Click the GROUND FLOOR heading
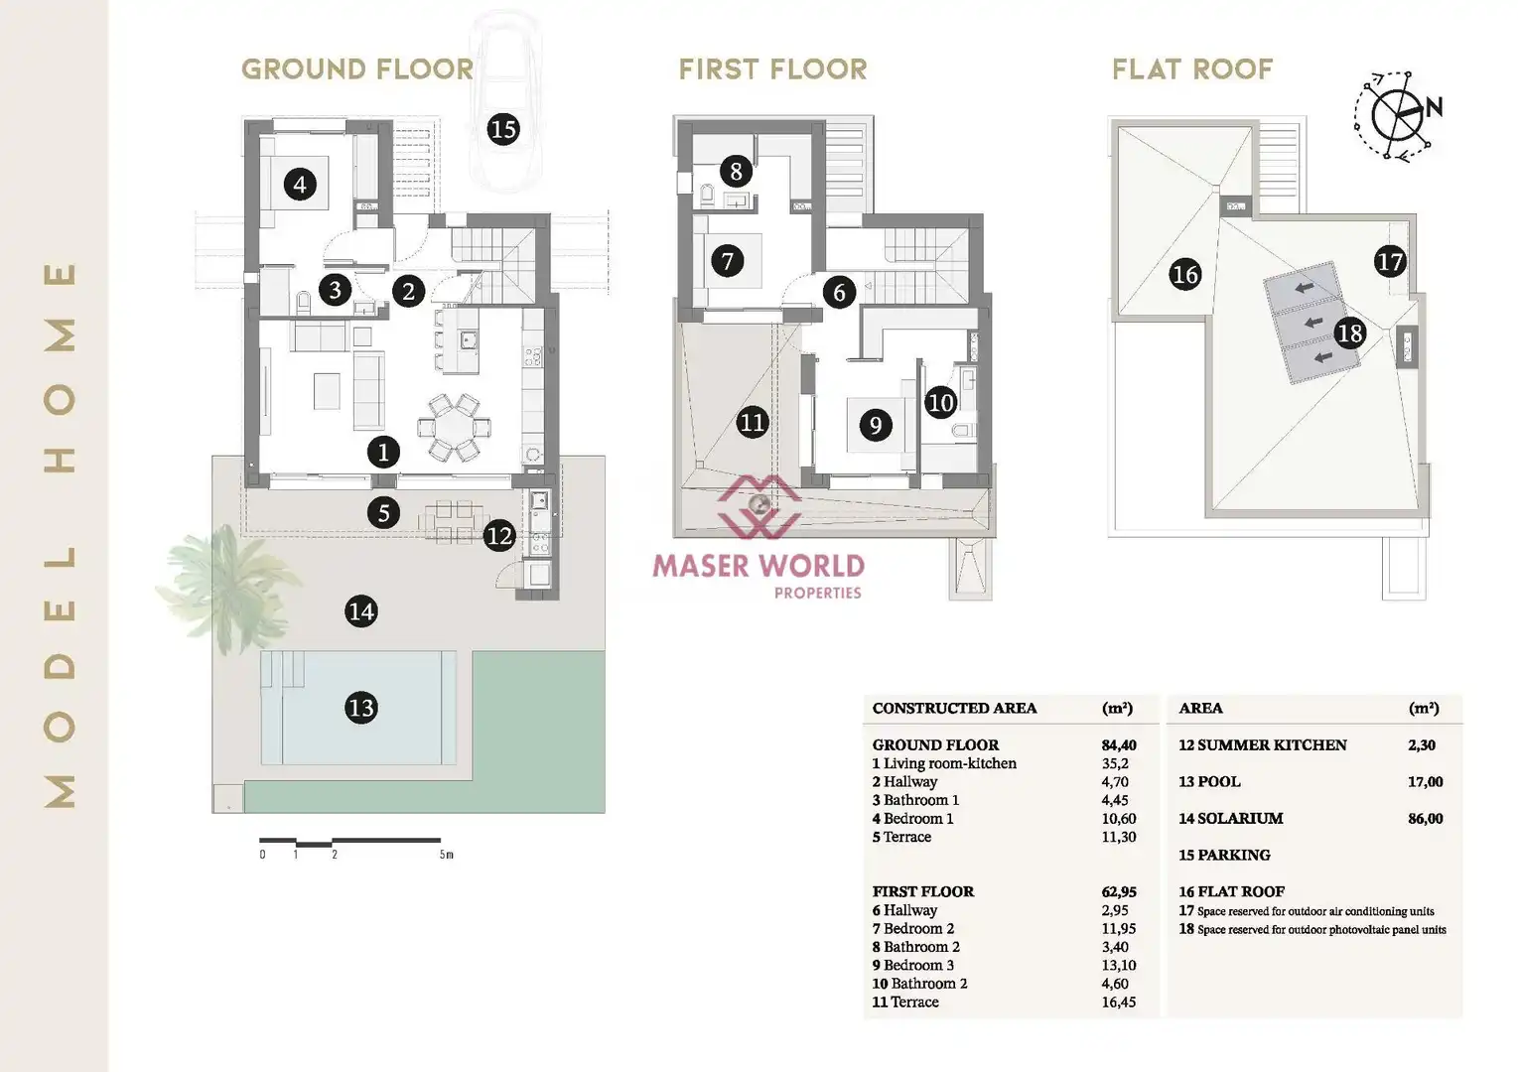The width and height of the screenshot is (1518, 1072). pyautogui.click(x=357, y=69)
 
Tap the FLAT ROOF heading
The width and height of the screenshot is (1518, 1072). pyautogui.click(x=1192, y=69)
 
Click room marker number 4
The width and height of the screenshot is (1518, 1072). pyautogui.click(x=300, y=184)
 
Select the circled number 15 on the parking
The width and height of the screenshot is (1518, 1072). pyautogui.click(x=503, y=129)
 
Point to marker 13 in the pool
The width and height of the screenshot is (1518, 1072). pyautogui.click(x=361, y=708)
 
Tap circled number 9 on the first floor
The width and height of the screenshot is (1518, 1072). pyautogui.click(x=876, y=425)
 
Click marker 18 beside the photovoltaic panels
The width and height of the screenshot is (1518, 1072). pyautogui.click(x=1349, y=333)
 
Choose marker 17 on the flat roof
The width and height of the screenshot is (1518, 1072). pyautogui.click(x=1390, y=262)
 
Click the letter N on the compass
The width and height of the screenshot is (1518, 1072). pyautogui.click(x=1434, y=107)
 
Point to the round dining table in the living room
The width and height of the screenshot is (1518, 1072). pyautogui.click(x=454, y=428)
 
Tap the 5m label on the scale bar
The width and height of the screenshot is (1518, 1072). pyautogui.click(x=446, y=855)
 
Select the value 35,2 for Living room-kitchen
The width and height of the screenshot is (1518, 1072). pyautogui.click(x=1115, y=763)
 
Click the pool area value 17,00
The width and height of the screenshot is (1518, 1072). pyautogui.click(x=1425, y=782)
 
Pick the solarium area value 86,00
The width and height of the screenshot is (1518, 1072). pyautogui.click(x=1425, y=819)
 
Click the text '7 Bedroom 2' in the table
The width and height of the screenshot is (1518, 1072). pyautogui.click(x=912, y=929)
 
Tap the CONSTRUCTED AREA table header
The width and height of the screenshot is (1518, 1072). pyautogui.click(x=954, y=709)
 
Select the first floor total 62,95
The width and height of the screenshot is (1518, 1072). pyautogui.click(x=1119, y=891)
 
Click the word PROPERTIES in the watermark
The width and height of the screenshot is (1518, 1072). pyautogui.click(x=818, y=594)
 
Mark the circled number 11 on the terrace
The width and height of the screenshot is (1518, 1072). pyautogui.click(x=753, y=422)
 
